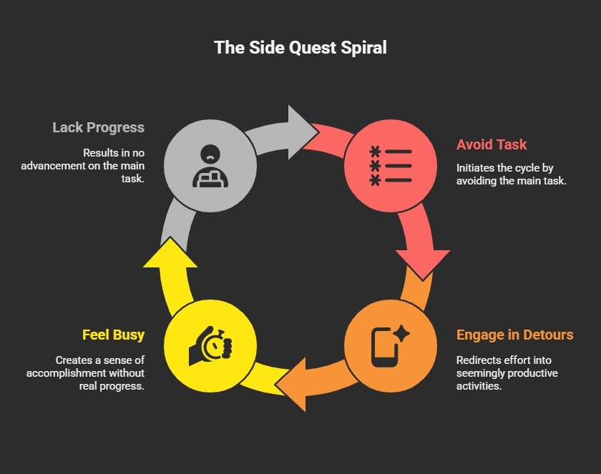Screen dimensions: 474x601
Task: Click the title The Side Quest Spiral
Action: pyautogui.click(x=300, y=48)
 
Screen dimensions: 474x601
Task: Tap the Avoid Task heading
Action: pyautogui.click(x=492, y=144)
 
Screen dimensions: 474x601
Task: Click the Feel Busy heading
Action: pyautogui.click(x=113, y=335)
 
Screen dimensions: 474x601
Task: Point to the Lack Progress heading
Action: pyautogui.click(x=98, y=128)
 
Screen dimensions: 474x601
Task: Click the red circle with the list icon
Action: pyautogui.click(x=390, y=166)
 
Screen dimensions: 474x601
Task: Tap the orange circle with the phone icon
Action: pyautogui.click(x=390, y=346)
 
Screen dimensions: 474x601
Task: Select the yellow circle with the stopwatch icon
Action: pyautogui.click(x=210, y=346)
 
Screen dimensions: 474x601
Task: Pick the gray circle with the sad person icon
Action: pyautogui.click(x=210, y=166)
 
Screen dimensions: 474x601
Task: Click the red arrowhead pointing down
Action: pyautogui.click(x=423, y=262)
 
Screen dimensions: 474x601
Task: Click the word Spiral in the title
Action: pyautogui.click(x=366, y=48)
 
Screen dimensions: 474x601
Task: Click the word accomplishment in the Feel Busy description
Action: pyautogui.click(x=78, y=373)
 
